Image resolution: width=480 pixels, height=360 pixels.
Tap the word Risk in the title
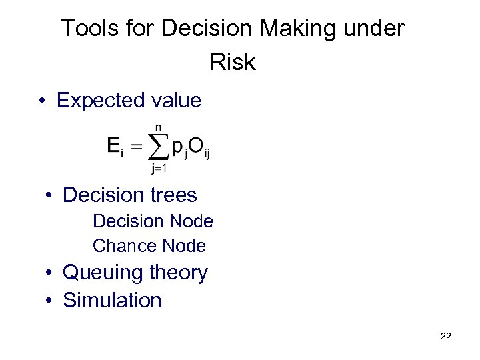pyautogui.click(x=233, y=62)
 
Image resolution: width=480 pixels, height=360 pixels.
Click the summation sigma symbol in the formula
pyautogui.click(x=158, y=147)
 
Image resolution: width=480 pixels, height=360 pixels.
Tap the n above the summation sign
pyautogui.click(x=158, y=127)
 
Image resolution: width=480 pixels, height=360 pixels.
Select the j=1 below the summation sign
pyautogui.click(x=158, y=169)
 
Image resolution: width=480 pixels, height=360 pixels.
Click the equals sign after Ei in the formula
pyautogui.click(x=137, y=147)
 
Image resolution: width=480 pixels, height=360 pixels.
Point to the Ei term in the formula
pyautogui.click(x=115, y=147)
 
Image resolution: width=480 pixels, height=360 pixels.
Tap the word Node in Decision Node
pyautogui.click(x=191, y=221)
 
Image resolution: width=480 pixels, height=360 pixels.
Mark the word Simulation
pyautogui.click(x=112, y=300)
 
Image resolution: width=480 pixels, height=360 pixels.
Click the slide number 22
pyautogui.click(x=446, y=336)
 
